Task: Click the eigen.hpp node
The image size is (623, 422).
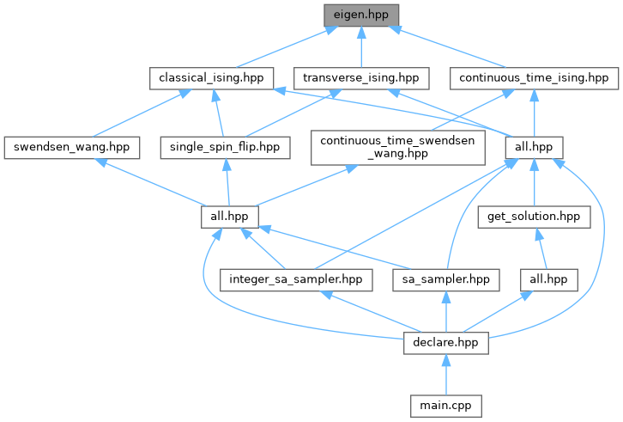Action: [361, 15]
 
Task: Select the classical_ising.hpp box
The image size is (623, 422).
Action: [210, 78]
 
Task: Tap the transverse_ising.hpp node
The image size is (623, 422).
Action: [360, 78]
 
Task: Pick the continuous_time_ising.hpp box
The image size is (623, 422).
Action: [535, 78]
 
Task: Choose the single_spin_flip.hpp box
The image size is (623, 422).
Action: [225, 147]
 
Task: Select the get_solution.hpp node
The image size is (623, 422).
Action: [535, 216]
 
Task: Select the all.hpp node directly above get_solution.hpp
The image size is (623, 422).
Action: [535, 147]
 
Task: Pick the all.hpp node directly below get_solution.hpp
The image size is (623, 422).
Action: [549, 279]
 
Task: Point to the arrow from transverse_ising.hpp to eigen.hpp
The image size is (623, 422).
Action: [361, 46]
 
